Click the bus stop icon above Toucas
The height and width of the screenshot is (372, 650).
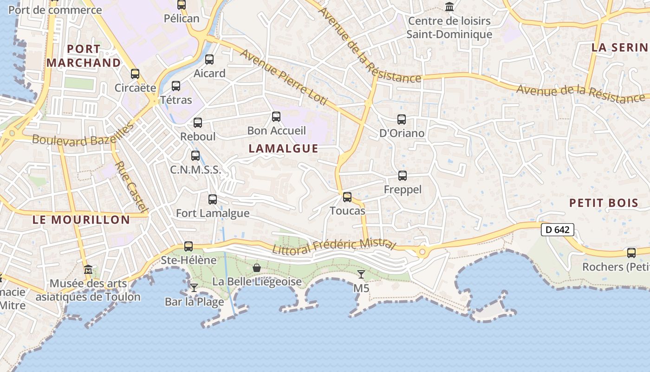point(347,197)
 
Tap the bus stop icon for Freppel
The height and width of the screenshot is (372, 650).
point(403,176)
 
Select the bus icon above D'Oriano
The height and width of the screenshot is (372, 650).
point(402,120)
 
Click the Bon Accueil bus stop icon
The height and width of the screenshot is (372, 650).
point(276,117)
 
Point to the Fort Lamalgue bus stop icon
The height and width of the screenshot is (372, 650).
point(213,199)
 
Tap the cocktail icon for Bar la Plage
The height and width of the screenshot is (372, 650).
point(194,288)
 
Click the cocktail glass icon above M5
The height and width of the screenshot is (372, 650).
point(361,274)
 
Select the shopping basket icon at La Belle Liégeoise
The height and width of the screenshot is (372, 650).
point(257,268)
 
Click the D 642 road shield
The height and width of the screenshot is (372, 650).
point(558,229)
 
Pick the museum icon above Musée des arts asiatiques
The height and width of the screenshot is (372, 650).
point(88,270)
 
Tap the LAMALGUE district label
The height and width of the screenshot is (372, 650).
point(284,148)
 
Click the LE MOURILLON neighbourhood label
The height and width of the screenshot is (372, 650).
point(81,220)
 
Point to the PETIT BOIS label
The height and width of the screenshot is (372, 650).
point(604,203)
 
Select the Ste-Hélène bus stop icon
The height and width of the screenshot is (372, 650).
point(188,246)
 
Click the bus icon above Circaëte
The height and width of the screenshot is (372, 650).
point(135,74)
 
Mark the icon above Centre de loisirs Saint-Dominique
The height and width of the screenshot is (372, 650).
point(449,7)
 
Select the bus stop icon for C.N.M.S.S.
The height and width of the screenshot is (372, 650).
point(195,156)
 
